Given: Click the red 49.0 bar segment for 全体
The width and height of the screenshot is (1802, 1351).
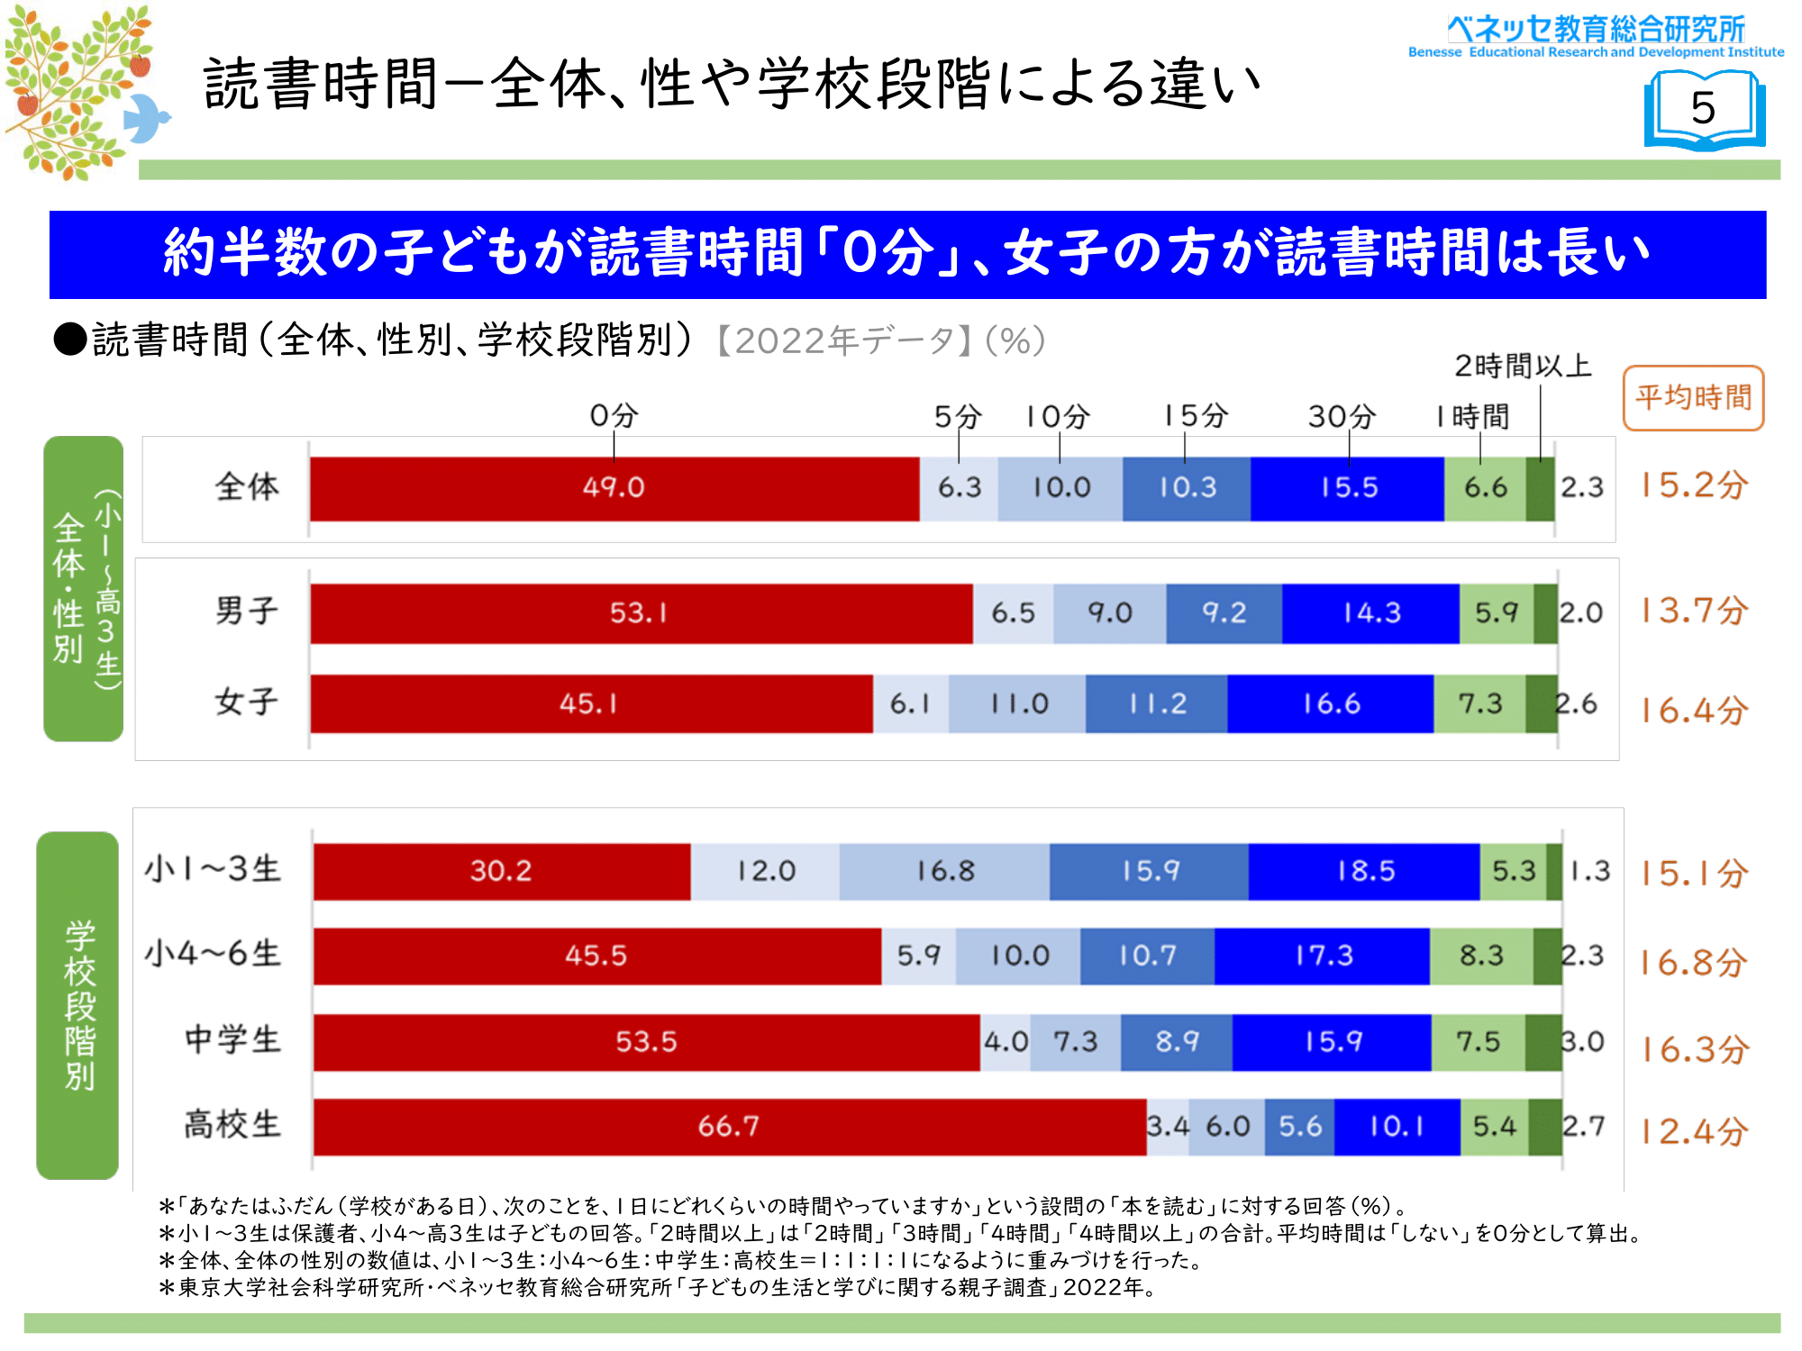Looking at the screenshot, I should (x=614, y=488).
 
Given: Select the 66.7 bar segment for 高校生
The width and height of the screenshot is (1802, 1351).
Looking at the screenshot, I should (x=729, y=1127).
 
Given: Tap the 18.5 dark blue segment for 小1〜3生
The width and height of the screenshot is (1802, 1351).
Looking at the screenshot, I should (x=1364, y=871).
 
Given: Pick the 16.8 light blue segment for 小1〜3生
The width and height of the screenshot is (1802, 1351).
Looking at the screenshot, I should (x=944, y=871).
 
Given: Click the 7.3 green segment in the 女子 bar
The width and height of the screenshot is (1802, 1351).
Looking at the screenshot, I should (x=1479, y=703).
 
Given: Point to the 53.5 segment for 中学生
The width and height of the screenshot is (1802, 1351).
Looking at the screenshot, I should (x=646, y=1042).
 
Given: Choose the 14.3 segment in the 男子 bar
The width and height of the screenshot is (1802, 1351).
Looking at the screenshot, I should (x=1370, y=613).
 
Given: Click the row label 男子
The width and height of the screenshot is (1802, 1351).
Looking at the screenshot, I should (x=246, y=612).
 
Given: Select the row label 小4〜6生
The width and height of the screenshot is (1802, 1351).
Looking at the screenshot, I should (x=213, y=954).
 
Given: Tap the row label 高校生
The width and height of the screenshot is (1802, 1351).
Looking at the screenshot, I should (x=232, y=1125).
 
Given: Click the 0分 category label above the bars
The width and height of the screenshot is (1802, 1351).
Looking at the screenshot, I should (x=614, y=416).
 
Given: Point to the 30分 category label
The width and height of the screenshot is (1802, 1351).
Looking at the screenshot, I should (x=1342, y=417).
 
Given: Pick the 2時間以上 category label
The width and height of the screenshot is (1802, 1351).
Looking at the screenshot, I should (x=1522, y=367).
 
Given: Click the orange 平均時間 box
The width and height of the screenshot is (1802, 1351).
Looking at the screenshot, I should (x=1693, y=398).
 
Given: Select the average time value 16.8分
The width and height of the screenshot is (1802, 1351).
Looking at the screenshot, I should (x=1693, y=963).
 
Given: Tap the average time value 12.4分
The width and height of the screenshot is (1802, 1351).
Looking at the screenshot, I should (x=1693, y=1132).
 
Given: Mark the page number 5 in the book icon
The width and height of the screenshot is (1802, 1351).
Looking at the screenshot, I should (x=1703, y=109).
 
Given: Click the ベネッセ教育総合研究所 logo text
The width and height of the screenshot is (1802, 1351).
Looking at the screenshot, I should (x=1596, y=30).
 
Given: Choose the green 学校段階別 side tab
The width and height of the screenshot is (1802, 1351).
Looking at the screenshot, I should (x=78, y=1004).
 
